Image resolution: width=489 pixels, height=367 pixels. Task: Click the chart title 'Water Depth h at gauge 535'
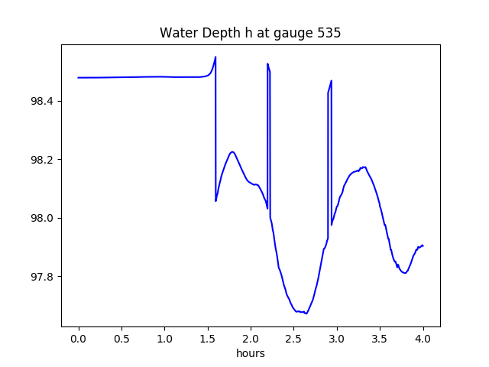tap(250, 33)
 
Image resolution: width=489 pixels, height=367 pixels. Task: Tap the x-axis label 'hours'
tap(250, 353)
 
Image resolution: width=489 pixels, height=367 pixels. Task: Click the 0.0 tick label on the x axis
tap(79, 338)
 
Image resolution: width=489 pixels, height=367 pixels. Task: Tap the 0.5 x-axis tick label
tap(121, 338)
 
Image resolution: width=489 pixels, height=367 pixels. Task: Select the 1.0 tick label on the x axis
tap(165, 338)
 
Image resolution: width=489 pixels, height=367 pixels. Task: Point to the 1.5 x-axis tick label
tap(208, 338)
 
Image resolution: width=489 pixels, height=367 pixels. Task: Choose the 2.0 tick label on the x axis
tap(251, 338)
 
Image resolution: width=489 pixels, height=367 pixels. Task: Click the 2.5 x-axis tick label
tap(294, 338)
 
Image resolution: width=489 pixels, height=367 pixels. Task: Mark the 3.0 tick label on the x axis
tap(337, 338)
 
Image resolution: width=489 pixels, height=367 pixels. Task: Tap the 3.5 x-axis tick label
tap(380, 338)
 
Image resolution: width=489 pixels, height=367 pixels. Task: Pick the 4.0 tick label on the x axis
tap(423, 338)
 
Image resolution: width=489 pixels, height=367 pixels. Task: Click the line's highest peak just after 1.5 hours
tap(215, 57)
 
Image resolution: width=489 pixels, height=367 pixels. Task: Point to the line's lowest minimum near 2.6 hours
tap(306, 313)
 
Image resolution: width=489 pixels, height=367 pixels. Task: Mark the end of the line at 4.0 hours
tap(423, 245)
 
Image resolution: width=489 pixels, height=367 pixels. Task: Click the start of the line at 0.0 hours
tap(79, 77)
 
